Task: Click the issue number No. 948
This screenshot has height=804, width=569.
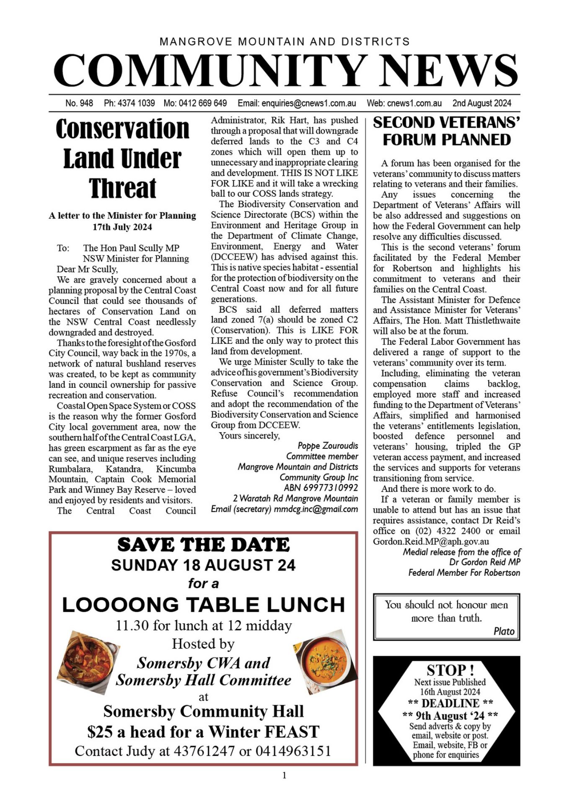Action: (79, 103)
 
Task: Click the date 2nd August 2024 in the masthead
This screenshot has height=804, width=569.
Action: (481, 103)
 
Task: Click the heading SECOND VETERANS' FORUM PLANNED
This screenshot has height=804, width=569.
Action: (446, 131)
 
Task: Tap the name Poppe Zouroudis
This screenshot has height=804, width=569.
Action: (328, 446)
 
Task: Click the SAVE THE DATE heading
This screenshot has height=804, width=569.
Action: (203, 545)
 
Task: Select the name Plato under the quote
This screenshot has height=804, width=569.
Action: (504, 631)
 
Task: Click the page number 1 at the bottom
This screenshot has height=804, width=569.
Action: (284, 776)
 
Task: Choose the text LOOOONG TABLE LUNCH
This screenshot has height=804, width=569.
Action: (203, 605)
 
